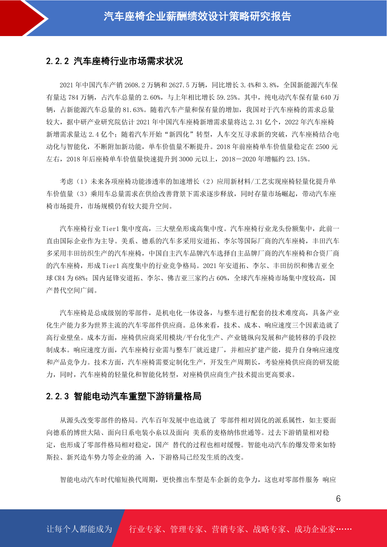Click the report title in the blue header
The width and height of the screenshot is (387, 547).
tap(197, 16)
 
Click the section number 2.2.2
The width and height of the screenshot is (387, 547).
tap(57, 61)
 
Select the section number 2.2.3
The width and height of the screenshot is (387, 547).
tap(57, 396)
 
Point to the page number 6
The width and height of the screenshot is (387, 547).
tap(338, 499)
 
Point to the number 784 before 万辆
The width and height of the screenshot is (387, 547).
tap(74, 97)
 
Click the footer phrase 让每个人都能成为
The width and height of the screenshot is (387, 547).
tap(79, 529)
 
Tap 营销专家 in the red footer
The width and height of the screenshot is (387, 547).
tap(228, 529)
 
